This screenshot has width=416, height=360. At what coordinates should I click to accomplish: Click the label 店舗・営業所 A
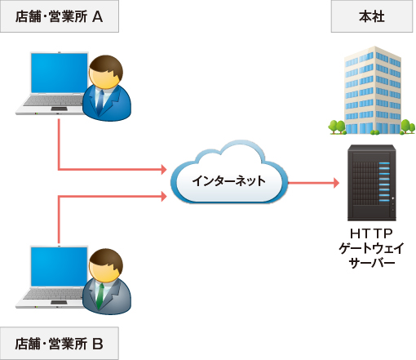60,16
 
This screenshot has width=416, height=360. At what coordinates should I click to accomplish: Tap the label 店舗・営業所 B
60,344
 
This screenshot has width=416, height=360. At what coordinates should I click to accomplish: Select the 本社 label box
372,16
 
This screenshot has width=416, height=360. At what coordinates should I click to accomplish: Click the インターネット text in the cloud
228,180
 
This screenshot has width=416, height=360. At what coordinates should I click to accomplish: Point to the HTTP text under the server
371,233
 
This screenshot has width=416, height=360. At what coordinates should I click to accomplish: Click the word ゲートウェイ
371,248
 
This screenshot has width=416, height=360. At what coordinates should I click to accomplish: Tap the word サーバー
371,263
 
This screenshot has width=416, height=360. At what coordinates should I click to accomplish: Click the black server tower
371,183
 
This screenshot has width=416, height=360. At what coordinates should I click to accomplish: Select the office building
373,91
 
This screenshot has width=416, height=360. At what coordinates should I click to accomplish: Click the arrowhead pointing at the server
336,183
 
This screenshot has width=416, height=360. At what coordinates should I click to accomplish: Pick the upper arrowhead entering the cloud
164,169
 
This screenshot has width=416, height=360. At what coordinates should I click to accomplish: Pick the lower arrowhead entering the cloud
164,196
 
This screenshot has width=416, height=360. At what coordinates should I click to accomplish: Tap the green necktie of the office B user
100,295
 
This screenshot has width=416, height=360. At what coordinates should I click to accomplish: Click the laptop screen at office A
59,73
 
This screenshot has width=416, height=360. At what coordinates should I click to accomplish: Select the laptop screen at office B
59,267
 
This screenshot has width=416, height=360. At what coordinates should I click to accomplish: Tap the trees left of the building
337,127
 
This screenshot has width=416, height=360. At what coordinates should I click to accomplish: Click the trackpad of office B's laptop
59,302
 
